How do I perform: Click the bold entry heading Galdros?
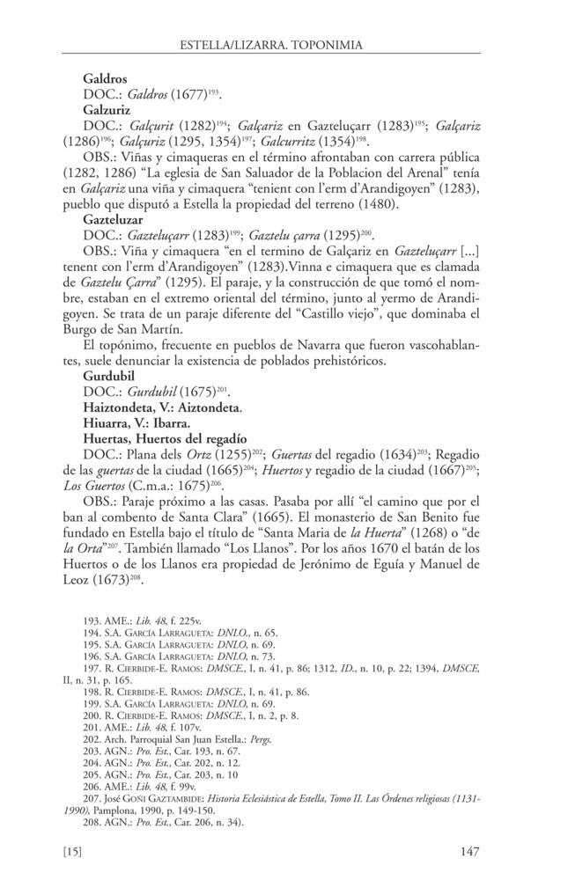[104, 77]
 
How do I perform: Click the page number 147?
[468, 851]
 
